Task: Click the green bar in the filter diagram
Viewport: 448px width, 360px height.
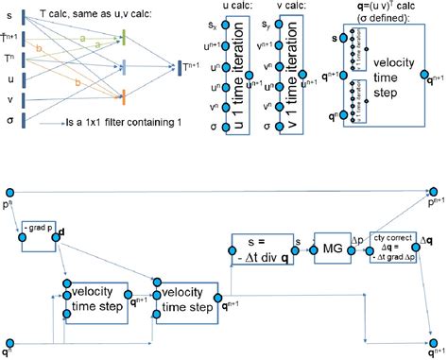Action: [x=124, y=38]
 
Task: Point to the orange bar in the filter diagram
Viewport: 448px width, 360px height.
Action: [x=124, y=97]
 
